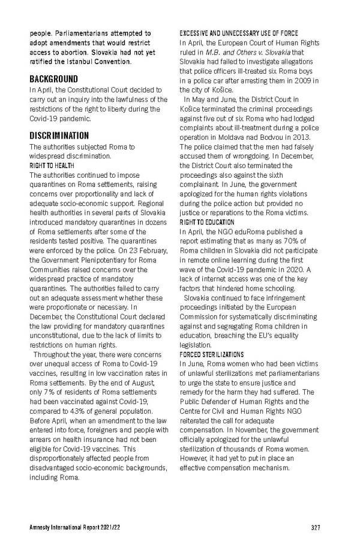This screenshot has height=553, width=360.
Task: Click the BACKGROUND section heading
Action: point(54,79)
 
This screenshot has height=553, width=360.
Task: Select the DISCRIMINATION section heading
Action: point(59,136)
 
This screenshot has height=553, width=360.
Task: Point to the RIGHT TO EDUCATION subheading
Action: point(206,222)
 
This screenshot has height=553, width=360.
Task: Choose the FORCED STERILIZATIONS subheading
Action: point(212,355)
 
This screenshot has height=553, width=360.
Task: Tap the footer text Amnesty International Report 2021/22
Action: point(71,527)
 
